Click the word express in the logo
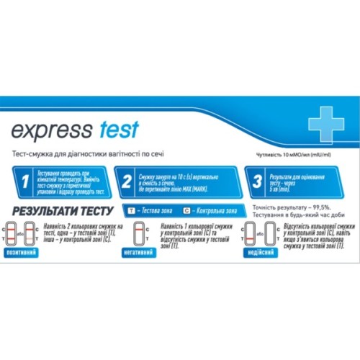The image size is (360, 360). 51,130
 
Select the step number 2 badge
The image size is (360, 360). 127,183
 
